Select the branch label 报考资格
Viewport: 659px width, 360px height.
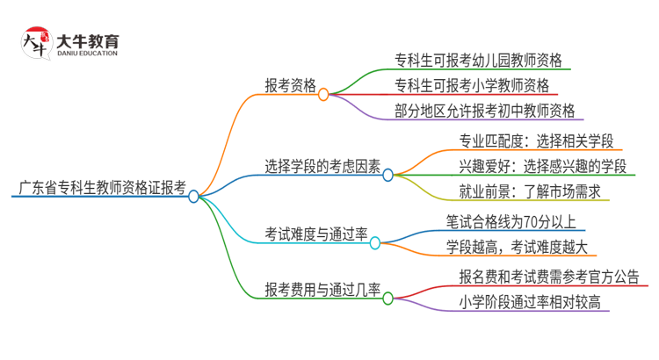pos(291,85)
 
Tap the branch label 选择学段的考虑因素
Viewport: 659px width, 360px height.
pos(322,165)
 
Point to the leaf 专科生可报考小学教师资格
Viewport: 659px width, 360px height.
pos(473,85)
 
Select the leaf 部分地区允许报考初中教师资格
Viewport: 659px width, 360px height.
pos(485,110)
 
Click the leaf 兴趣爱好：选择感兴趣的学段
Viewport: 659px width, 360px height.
pos(542,165)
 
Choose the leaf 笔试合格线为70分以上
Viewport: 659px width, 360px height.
pos(511,221)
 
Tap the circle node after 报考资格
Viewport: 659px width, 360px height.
pos(323,93)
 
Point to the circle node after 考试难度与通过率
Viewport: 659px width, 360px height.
pos(375,241)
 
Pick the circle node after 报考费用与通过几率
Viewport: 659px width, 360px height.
pos(387,297)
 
